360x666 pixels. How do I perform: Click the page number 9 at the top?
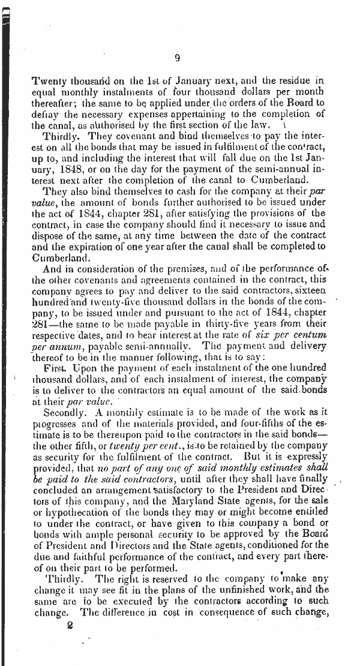point(178,58)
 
